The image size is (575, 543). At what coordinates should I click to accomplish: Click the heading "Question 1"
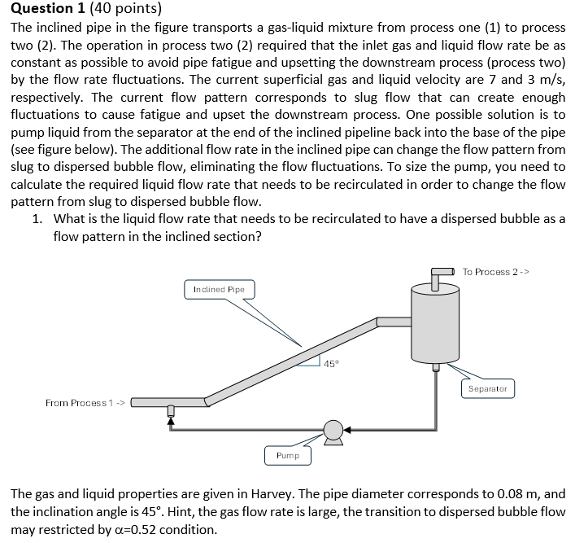click(46, 10)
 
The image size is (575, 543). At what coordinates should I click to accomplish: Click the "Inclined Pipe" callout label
click(219, 290)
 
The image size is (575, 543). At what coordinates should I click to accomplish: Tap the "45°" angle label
click(331, 364)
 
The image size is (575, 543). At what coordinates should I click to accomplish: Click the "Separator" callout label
click(488, 389)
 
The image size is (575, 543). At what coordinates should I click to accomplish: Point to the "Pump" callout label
click(287, 456)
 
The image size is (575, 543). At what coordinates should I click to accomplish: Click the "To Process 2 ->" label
click(496, 272)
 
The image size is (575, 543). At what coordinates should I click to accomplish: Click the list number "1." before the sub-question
click(37, 220)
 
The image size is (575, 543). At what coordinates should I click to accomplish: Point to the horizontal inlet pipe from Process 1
click(167, 402)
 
